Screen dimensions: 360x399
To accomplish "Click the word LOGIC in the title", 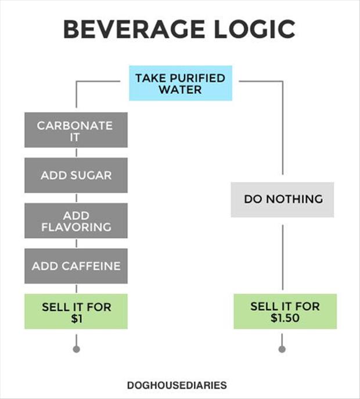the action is pyautogui.click(x=254, y=29).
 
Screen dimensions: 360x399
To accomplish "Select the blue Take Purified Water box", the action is pyautogui.click(x=181, y=83).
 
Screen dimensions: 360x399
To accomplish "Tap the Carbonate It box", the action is pyautogui.click(x=76, y=130).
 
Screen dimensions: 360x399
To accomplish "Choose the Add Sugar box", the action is pyautogui.click(x=76, y=175).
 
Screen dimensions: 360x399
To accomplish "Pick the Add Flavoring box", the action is pyautogui.click(x=76, y=220).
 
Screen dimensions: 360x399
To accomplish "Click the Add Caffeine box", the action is pyautogui.click(x=76, y=266).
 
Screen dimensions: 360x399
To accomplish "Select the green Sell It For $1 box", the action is pyautogui.click(x=76, y=311).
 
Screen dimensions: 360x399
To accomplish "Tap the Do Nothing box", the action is pyautogui.click(x=282, y=199).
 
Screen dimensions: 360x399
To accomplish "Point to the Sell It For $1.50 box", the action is pyautogui.click(x=285, y=311).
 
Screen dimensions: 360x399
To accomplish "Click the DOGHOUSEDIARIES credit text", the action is pyautogui.click(x=177, y=385).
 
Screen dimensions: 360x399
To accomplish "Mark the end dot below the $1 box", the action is pyautogui.click(x=77, y=349).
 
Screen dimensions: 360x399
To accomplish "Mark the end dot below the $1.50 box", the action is pyautogui.click(x=282, y=349).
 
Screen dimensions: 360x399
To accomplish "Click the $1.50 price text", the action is pyautogui.click(x=285, y=318).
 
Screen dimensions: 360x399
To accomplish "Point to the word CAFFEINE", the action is pyautogui.click(x=91, y=266).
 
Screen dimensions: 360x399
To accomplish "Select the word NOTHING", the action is pyautogui.click(x=294, y=199).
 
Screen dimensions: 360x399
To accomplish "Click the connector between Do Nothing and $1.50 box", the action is pyautogui.click(x=283, y=257).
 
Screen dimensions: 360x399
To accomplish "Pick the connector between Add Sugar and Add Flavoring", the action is pyautogui.click(x=77, y=198).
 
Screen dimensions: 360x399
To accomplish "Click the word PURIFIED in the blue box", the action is pyautogui.click(x=197, y=78).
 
